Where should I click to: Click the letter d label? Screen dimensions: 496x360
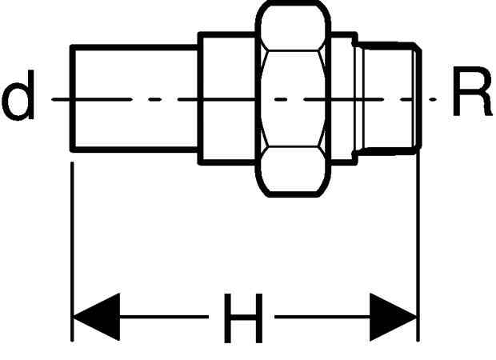click(18, 95)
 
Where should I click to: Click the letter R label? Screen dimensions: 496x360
click(472, 91)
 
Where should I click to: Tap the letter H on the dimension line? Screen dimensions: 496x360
click(243, 318)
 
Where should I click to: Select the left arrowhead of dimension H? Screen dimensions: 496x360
click(97, 317)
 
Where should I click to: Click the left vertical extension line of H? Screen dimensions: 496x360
click(73, 251)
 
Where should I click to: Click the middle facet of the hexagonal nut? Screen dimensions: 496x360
click(294, 98)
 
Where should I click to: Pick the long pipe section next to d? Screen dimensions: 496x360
click(135, 98)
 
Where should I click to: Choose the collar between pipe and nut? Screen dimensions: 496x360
click(227, 98)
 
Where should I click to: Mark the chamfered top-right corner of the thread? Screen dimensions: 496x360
click(418, 46)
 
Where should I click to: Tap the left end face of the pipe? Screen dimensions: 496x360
click(73, 98)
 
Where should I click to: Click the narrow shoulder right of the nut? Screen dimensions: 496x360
click(343, 98)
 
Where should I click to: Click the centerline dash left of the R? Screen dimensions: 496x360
click(433, 99)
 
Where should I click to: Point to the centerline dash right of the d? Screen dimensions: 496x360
click(92, 99)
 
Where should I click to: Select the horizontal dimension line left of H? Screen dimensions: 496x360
click(164, 317)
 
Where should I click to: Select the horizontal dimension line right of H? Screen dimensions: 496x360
click(322, 317)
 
